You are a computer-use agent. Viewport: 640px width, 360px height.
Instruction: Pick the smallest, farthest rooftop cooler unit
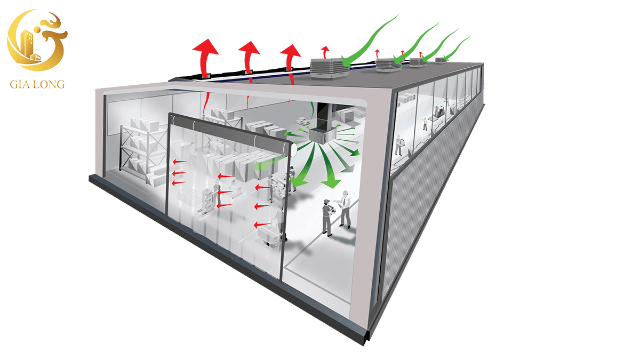(x=440, y=60)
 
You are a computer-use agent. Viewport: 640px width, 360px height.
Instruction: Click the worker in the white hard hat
(x=345, y=208)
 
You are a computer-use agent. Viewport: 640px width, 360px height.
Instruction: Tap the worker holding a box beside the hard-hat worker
(x=326, y=216)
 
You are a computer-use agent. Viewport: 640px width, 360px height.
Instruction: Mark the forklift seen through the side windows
(x=441, y=111)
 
